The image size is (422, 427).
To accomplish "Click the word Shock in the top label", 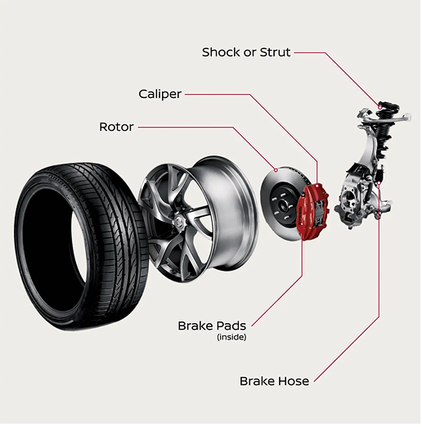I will [x=221, y=52].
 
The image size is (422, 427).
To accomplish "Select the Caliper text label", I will [x=160, y=94].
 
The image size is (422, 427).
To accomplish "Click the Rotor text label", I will [x=116, y=127].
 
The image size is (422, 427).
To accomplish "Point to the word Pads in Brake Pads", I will [x=230, y=326].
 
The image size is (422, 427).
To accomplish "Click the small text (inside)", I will [x=231, y=337].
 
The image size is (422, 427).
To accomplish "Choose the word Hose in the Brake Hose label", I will [x=294, y=381].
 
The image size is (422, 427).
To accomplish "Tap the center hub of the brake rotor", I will [x=284, y=199].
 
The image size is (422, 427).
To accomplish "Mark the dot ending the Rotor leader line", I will [x=277, y=170].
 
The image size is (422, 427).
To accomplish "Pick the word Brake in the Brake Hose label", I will [x=258, y=381].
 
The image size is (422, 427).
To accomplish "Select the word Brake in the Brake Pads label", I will [x=195, y=326].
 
